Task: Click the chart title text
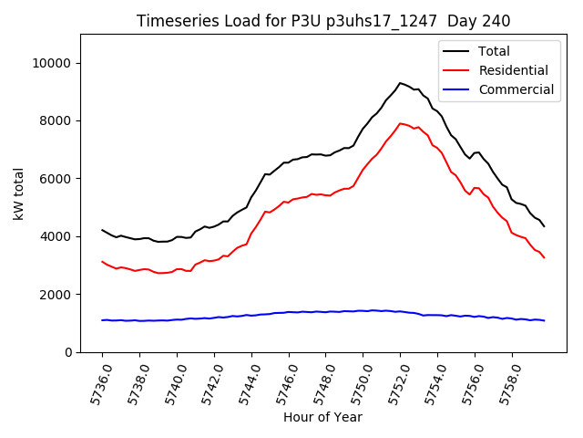[x=323, y=21]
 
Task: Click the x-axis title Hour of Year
[x=323, y=418]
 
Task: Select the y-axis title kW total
[x=18, y=193]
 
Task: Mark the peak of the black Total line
[x=400, y=83]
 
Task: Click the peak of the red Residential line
[x=400, y=123]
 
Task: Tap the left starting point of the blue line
[x=102, y=320]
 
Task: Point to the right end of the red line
[x=545, y=257]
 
